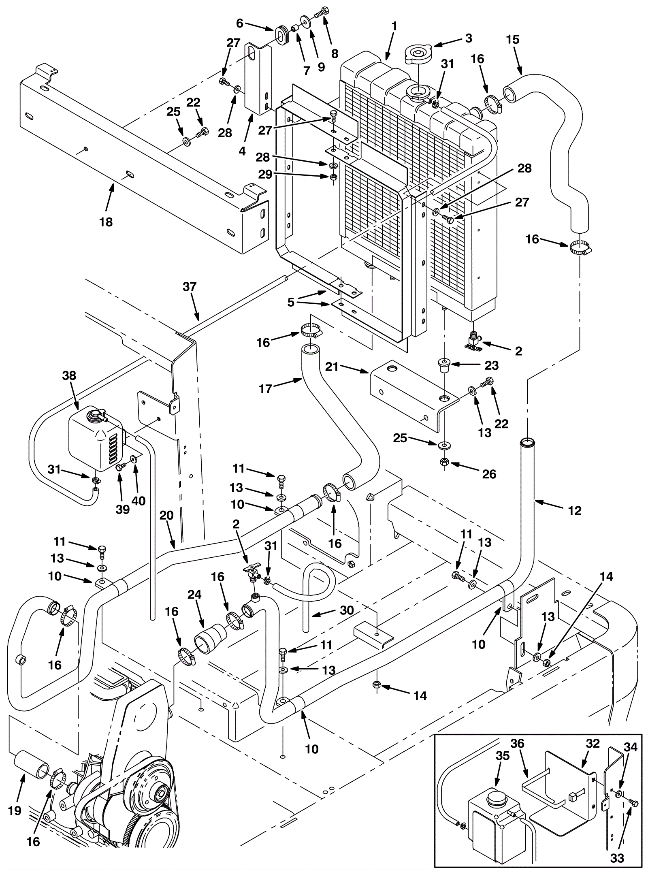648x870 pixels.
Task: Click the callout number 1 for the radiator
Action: coord(394,27)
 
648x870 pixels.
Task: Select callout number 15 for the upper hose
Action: coord(513,40)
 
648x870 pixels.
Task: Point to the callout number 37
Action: coord(189,287)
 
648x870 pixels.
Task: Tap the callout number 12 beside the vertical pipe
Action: coord(575,511)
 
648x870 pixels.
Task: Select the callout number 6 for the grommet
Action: coord(239,23)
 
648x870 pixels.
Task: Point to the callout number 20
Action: coord(166,515)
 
